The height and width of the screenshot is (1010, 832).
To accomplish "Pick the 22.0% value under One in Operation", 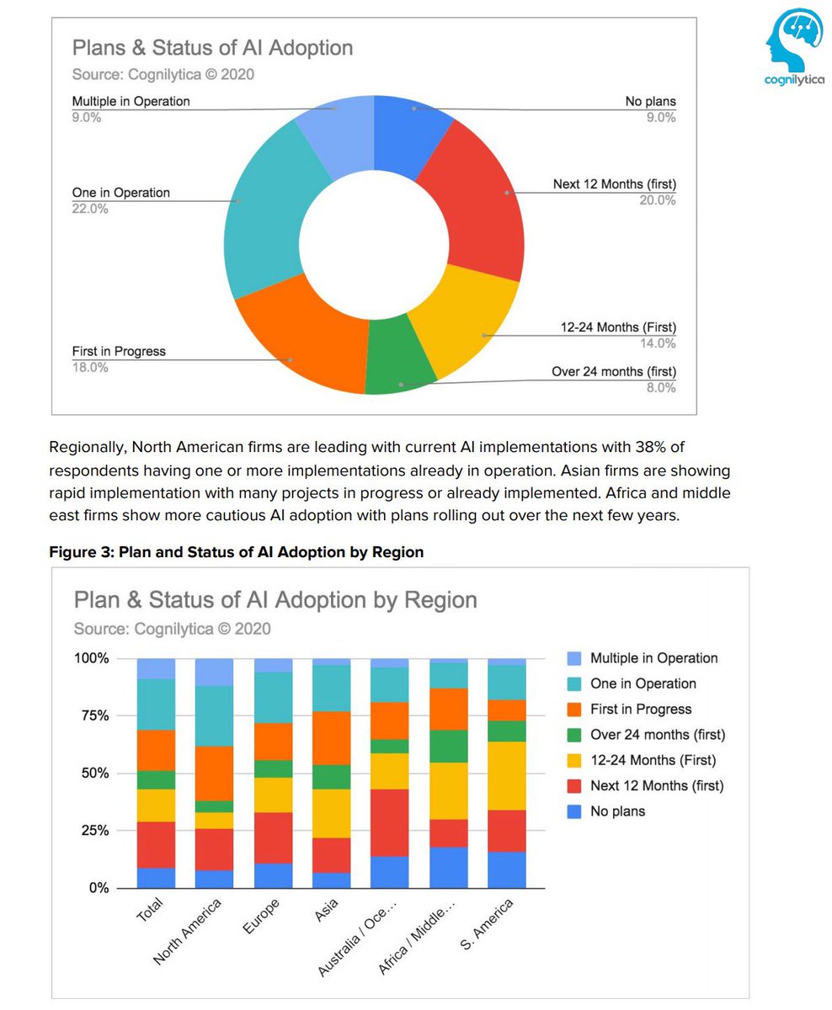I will click(90, 209).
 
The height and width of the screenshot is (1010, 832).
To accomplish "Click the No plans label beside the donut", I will click(650, 102).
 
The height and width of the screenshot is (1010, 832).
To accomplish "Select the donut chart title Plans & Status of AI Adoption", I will click(212, 47).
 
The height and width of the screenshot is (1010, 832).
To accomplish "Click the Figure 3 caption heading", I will click(236, 552).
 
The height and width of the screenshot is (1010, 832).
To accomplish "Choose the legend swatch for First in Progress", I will click(574, 710).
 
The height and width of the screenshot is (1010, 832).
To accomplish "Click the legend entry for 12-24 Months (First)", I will click(653, 761).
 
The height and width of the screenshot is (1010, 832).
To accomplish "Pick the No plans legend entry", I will click(617, 811).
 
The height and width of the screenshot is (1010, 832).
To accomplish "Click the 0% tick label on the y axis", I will click(99, 888).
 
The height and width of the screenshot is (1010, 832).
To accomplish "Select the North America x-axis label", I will click(189, 931).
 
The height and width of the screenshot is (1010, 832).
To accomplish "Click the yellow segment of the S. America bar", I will click(507, 775).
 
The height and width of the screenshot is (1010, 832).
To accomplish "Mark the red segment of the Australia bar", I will click(390, 822).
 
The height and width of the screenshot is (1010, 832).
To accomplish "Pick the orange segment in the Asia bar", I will click(332, 738).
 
